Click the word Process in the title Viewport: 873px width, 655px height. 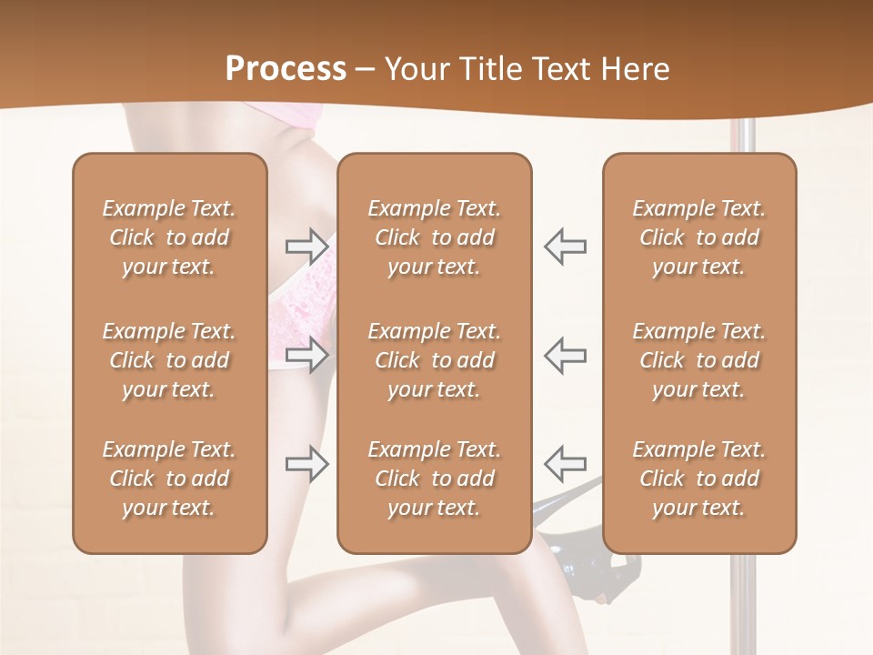[x=286, y=68]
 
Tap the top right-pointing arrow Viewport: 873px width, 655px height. [x=306, y=247]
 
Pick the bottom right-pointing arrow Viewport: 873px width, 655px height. [x=306, y=463]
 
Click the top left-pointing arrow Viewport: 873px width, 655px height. [x=566, y=247]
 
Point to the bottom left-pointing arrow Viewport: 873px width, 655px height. [x=566, y=463]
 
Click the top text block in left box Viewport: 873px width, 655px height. [x=169, y=237]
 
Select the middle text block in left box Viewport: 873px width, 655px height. [x=169, y=360]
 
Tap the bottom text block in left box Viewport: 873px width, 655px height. [x=169, y=479]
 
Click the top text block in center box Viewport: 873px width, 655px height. [x=434, y=237]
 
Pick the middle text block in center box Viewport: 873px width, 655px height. [x=434, y=360]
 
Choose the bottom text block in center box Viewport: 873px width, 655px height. [x=434, y=479]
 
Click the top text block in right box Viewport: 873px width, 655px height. [x=698, y=237]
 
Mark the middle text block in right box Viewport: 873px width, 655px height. [x=698, y=360]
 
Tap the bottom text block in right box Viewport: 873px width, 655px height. [x=698, y=479]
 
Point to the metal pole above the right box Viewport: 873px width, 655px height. [x=747, y=136]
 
